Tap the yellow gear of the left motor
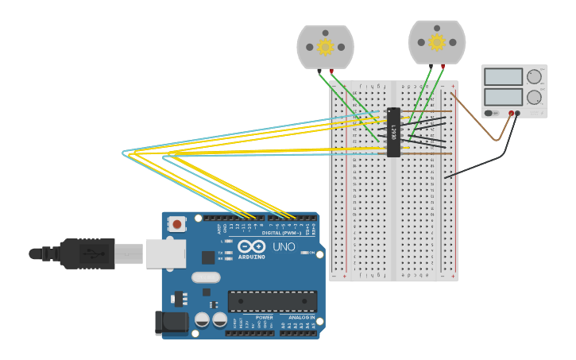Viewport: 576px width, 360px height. [325, 47]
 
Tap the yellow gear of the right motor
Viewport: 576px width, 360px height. [437, 42]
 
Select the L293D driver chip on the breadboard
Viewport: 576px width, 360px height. [393, 132]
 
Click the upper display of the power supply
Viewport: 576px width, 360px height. [503, 77]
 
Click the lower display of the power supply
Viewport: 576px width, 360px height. [503, 96]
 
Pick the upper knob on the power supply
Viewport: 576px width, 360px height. [534, 77]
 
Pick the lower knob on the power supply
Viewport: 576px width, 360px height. [534, 97]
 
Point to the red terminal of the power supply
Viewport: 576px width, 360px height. [511, 114]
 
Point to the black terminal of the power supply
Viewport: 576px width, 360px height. [518, 114]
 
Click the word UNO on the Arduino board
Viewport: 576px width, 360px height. [284, 247]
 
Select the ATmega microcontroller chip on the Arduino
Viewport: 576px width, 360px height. [273, 301]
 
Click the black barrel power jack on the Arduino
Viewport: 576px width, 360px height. [171, 322]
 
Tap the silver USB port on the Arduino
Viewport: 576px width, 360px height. [165, 254]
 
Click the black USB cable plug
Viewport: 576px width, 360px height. [87, 254]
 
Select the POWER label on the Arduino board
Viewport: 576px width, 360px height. [264, 317]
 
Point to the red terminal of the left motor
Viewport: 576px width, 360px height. [331, 72]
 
